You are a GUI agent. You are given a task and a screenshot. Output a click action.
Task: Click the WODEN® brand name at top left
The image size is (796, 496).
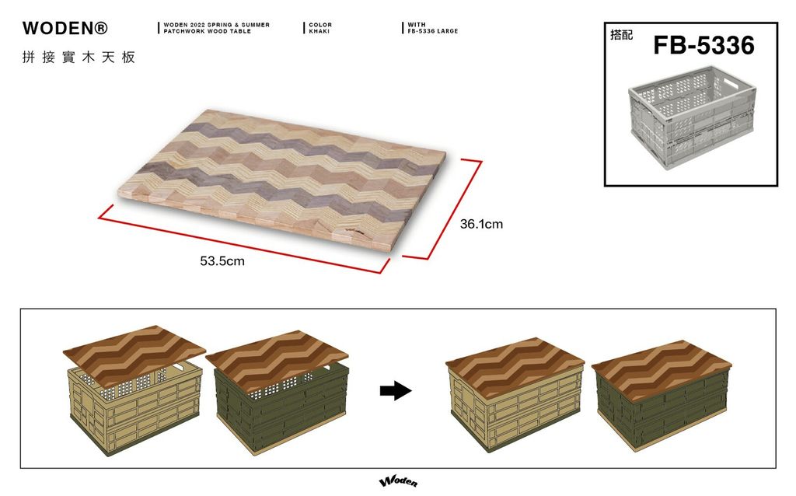point(65,28)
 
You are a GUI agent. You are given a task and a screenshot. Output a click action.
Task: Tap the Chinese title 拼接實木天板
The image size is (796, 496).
point(79,58)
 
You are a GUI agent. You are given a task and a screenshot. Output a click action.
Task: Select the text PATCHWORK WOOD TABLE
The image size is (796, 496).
point(207,31)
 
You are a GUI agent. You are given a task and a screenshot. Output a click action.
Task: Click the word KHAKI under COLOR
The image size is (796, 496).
point(319,31)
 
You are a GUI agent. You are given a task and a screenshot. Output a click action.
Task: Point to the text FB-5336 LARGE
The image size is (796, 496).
point(432,31)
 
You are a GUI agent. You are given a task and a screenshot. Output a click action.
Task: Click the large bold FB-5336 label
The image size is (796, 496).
point(703,45)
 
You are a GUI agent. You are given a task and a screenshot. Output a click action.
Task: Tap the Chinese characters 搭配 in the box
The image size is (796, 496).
point(621,35)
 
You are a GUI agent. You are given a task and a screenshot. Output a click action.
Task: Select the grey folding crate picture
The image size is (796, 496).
point(693,117)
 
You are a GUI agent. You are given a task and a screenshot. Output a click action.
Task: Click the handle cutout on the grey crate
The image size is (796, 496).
point(733,82)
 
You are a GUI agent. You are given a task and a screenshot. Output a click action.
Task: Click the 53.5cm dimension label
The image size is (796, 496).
point(222,261)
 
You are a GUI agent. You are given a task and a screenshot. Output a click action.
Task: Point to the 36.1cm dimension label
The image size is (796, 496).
point(481,224)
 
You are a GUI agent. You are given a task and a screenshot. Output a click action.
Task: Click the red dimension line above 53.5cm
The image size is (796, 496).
point(244,239)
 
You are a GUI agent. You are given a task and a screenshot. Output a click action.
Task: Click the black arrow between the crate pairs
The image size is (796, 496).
point(396,390)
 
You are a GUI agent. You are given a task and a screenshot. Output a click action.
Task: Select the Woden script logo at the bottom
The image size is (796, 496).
point(399,482)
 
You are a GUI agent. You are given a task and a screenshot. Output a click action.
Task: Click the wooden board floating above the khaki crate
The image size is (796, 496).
point(134,356)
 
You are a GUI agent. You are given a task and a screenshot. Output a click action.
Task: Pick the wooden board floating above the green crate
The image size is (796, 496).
point(278,361)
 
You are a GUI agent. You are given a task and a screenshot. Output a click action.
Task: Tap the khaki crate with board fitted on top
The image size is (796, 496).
point(515,394)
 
